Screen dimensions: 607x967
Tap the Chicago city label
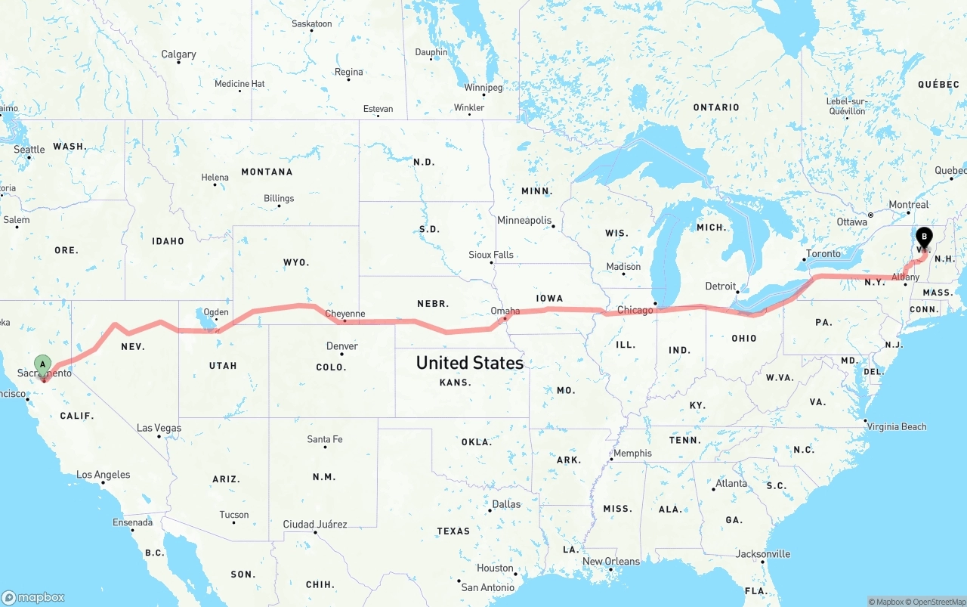[x=635, y=310]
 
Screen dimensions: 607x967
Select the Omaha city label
[x=505, y=311]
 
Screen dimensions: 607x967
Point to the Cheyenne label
[x=344, y=314]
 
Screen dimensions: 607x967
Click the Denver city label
[x=342, y=346]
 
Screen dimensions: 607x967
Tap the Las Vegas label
[x=159, y=428]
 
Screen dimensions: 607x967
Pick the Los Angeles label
[x=103, y=475]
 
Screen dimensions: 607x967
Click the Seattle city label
[x=29, y=150]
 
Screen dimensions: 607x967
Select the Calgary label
[x=178, y=54]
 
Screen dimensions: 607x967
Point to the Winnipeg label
[x=483, y=88]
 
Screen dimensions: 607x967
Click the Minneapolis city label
[x=524, y=220]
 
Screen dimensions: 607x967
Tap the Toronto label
[x=823, y=254]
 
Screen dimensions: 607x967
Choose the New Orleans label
[x=610, y=561]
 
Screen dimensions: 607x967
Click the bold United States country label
[x=469, y=363]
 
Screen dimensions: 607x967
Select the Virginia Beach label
[x=897, y=426]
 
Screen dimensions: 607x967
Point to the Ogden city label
[x=216, y=312]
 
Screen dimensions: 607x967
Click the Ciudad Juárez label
[x=315, y=524]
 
